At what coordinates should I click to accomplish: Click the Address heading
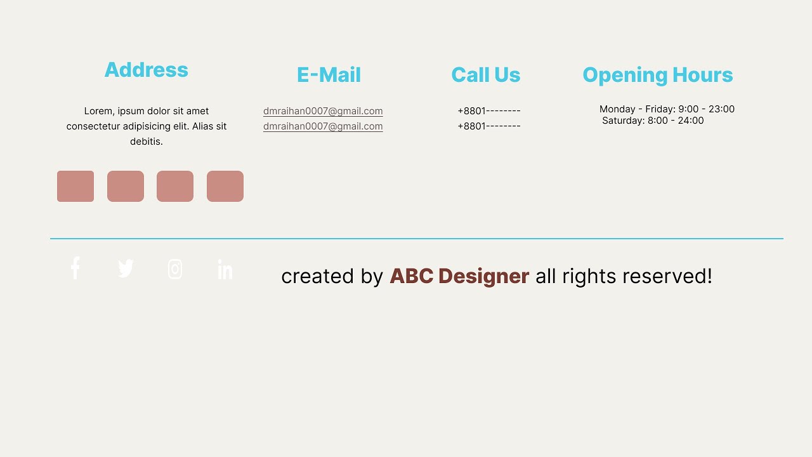pyautogui.click(x=146, y=70)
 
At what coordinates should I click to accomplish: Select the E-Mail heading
pyautogui.click(x=329, y=75)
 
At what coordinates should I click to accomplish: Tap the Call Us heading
pyautogui.click(x=485, y=75)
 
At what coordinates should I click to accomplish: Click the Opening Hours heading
pyautogui.click(x=657, y=75)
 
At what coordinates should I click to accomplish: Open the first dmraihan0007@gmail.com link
pyautogui.click(x=323, y=111)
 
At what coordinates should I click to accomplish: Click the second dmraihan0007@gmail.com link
pyautogui.click(x=323, y=126)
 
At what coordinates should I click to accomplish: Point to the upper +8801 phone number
pyautogui.click(x=488, y=111)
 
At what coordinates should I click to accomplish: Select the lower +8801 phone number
pyautogui.click(x=488, y=126)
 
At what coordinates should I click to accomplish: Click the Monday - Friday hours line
pyautogui.click(x=667, y=109)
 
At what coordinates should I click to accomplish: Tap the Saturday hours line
pyautogui.click(x=653, y=121)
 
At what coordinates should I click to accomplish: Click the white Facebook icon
pyautogui.click(x=75, y=268)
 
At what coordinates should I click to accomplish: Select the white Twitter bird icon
pyautogui.click(x=126, y=268)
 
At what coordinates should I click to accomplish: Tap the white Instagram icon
pyautogui.click(x=175, y=269)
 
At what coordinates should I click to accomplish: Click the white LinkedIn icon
pyautogui.click(x=225, y=269)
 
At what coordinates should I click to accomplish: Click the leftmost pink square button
pyautogui.click(x=75, y=186)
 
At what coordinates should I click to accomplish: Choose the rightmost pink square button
pyautogui.click(x=225, y=186)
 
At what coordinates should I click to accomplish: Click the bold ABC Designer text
pyautogui.click(x=459, y=276)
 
